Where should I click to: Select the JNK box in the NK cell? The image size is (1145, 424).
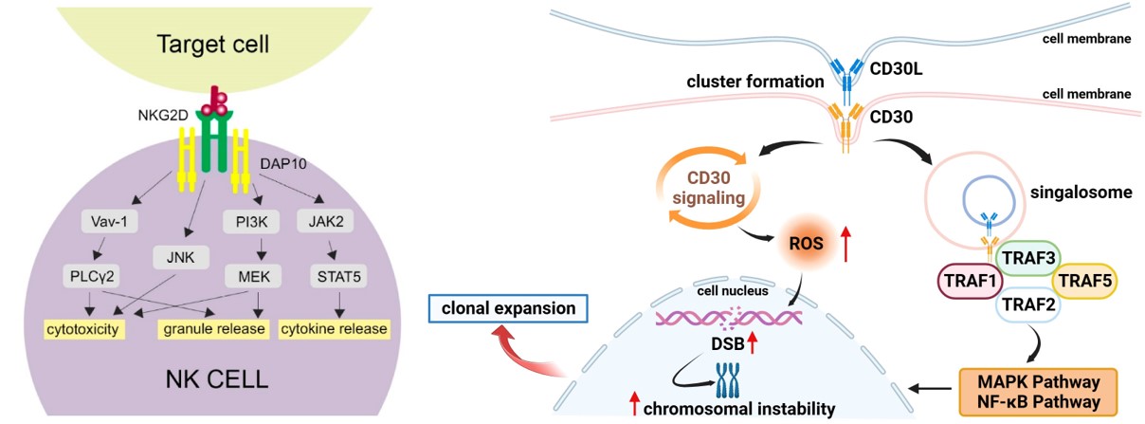[x=173, y=255]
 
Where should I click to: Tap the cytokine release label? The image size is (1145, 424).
[x=334, y=329]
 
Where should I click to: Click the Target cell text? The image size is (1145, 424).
[x=200, y=43]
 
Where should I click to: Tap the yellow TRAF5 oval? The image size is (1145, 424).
[x=1086, y=281]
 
